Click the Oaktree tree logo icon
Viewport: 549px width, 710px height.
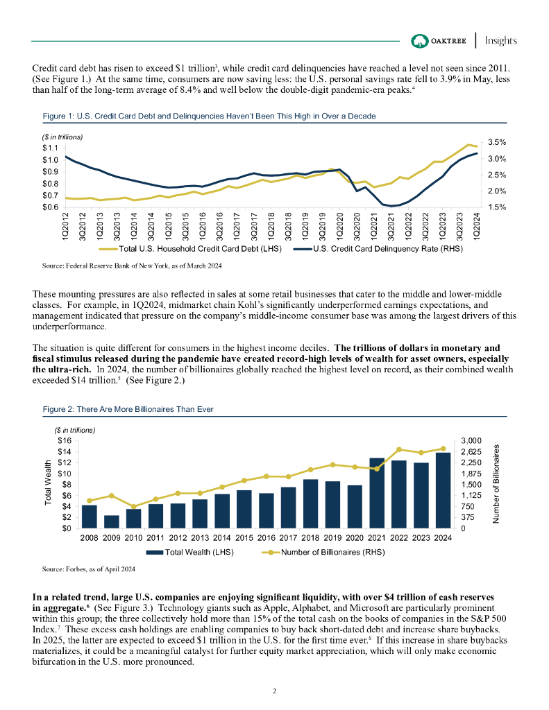click(419, 40)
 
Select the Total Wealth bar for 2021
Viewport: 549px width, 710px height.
click(377, 493)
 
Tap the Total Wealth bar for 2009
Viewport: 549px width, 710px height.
click(111, 521)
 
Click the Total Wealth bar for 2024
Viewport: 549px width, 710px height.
click(443, 490)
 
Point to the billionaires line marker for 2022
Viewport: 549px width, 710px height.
click(399, 450)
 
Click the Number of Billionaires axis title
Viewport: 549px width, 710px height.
click(496, 483)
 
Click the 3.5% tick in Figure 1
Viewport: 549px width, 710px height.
click(496, 142)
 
